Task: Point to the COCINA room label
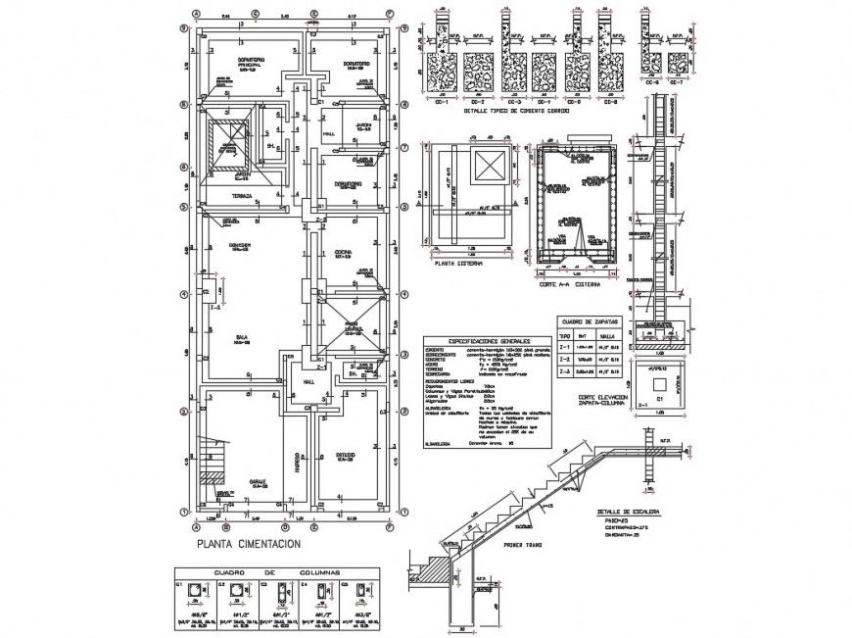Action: tap(344, 253)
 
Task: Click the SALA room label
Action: tap(239, 336)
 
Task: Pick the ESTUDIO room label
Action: tap(345, 456)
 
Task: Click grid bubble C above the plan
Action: tap(255, 15)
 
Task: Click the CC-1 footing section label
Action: tap(441, 102)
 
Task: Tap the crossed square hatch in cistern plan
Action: tap(487, 166)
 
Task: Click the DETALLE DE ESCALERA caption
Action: tap(627, 513)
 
